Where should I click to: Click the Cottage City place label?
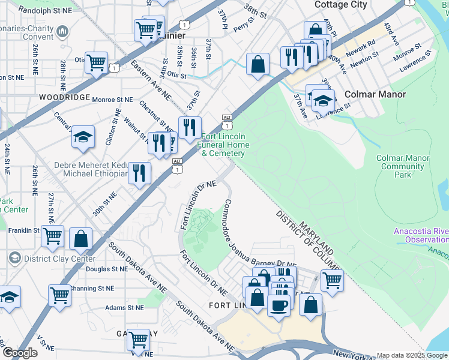coord(340,5)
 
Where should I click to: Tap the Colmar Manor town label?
coord(375,94)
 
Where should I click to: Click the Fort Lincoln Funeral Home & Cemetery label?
coord(223,145)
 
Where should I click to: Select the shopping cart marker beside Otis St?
coord(96,62)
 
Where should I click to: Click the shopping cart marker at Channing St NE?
coord(60,295)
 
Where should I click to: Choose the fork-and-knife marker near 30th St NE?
coord(139,173)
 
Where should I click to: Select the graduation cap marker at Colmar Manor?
coord(323,100)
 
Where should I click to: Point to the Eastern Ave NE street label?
coord(151,79)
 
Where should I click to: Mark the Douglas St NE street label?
coord(106,269)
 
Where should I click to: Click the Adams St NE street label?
coord(124,307)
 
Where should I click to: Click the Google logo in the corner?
coord(20,353)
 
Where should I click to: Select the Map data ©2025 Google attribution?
coord(412,355)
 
